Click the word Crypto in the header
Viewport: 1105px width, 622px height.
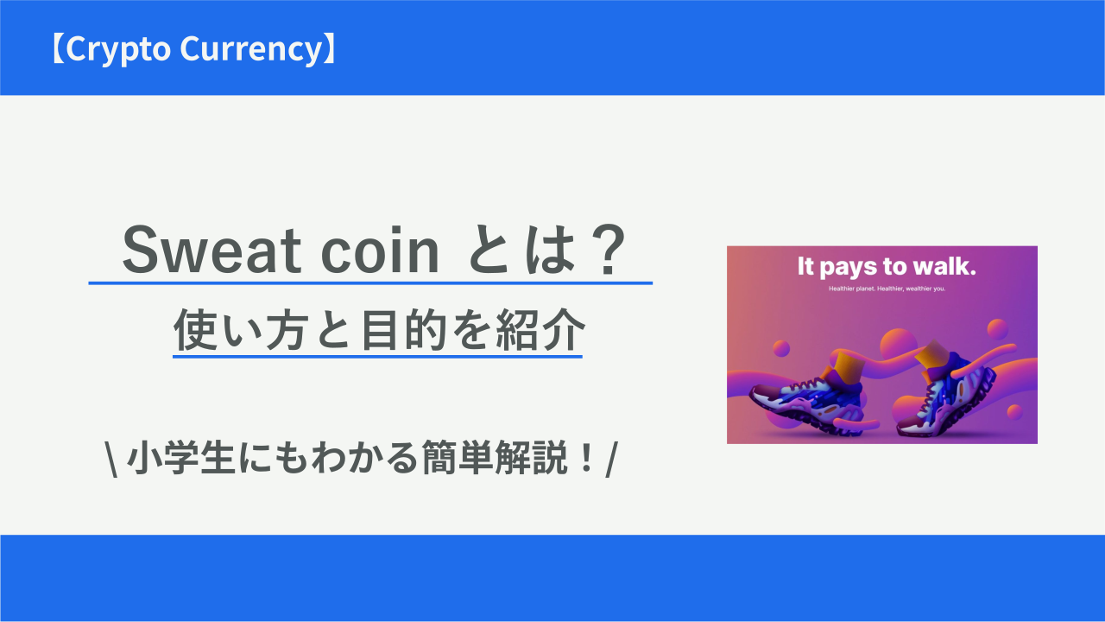coord(118,49)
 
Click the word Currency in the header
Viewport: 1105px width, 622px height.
coord(250,49)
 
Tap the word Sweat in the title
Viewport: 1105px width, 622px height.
coord(212,250)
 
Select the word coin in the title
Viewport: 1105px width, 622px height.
coord(379,251)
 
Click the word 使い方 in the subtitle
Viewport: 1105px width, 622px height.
coord(239,330)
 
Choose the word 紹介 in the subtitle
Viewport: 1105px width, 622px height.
coord(540,330)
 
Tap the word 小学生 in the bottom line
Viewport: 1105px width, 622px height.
coord(180,458)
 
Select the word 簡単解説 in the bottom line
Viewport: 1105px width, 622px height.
coord(495,458)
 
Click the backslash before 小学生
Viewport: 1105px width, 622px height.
coord(112,459)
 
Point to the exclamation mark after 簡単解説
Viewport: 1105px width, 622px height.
coord(587,457)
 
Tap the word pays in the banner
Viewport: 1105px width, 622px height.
coord(849,268)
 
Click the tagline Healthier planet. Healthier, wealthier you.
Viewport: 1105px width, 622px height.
coord(887,289)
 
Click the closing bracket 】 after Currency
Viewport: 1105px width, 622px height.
coord(330,48)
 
